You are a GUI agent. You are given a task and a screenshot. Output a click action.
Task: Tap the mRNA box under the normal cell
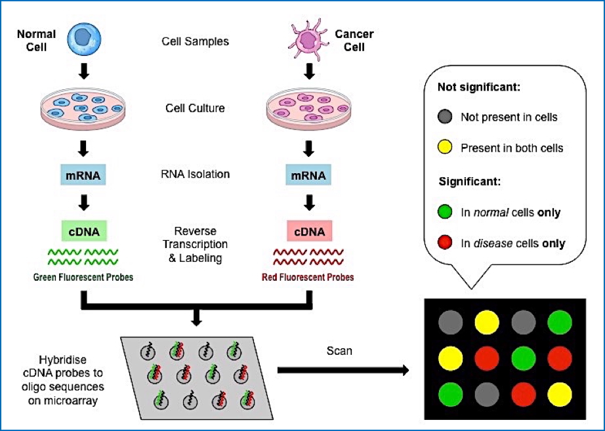(84, 175)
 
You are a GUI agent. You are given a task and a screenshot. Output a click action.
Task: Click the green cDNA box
(84, 232)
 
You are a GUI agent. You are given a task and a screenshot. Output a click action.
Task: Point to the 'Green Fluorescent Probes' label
(83, 277)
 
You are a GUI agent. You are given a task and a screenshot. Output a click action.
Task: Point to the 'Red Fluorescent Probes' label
(308, 277)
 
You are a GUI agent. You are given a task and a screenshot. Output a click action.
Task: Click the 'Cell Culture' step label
(196, 109)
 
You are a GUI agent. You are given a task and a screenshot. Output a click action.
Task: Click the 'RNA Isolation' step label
(196, 175)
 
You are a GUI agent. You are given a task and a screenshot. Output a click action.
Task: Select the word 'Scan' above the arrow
(339, 351)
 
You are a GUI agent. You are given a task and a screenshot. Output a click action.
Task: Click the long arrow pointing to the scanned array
(348, 371)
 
